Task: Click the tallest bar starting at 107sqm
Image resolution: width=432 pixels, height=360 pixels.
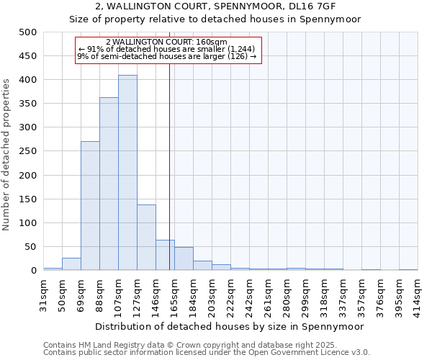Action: (x=127, y=173)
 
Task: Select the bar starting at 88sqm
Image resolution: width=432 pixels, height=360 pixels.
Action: (x=109, y=184)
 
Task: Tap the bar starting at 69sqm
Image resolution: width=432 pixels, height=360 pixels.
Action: (x=90, y=206)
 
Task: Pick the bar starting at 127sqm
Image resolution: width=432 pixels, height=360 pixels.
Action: (x=146, y=238)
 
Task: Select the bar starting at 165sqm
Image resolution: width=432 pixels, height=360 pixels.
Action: (x=184, y=259)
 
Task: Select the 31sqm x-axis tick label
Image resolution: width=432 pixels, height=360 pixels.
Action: (x=44, y=292)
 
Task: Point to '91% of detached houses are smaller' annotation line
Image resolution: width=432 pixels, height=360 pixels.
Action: (x=166, y=48)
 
